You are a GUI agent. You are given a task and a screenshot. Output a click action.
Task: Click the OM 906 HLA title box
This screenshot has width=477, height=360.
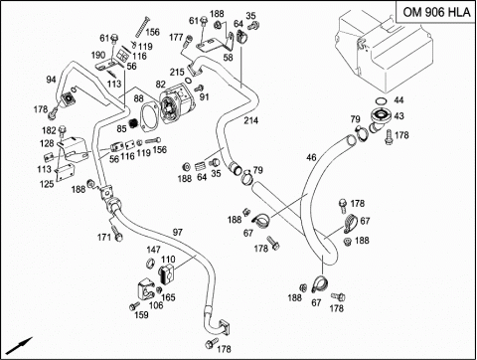[436, 12]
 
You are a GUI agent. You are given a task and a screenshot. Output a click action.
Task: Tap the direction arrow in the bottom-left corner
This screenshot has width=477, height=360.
[20, 345]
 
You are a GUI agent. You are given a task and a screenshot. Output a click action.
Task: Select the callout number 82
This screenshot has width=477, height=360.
[161, 85]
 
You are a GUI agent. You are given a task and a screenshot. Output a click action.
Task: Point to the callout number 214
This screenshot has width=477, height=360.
[251, 120]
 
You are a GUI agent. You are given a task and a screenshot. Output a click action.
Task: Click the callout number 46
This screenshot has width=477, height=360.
[311, 157]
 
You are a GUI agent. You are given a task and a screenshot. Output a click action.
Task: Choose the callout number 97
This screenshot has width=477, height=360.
[178, 232]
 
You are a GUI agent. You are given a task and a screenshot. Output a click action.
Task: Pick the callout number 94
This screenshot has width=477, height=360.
[51, 80]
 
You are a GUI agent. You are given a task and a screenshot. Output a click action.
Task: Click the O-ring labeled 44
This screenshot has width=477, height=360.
[381, 100]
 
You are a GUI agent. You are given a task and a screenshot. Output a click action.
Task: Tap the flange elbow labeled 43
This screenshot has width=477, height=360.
[379, 120]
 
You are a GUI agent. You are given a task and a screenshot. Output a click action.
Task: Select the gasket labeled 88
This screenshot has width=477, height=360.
[149, 115]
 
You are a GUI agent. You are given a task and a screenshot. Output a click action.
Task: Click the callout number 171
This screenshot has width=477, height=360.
[103, 238]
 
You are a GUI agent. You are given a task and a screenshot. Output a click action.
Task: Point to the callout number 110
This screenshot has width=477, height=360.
[168, 259]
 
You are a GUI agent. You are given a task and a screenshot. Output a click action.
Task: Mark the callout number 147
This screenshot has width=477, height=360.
[153, 250]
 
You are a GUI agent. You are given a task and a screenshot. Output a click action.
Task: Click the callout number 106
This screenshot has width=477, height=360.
[156, 305]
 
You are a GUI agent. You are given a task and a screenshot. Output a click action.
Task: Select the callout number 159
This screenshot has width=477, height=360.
[141, 315]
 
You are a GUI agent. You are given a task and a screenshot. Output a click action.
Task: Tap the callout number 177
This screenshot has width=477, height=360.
[176, 37]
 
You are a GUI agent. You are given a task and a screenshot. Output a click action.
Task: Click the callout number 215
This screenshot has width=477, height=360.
[177, 72]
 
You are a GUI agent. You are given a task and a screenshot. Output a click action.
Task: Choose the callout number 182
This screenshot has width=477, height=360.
[49, 130]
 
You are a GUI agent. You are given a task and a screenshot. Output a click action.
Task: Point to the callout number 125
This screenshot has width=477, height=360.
[47, 184]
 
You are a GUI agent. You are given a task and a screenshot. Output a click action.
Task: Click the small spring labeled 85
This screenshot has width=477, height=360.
[133, 123]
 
